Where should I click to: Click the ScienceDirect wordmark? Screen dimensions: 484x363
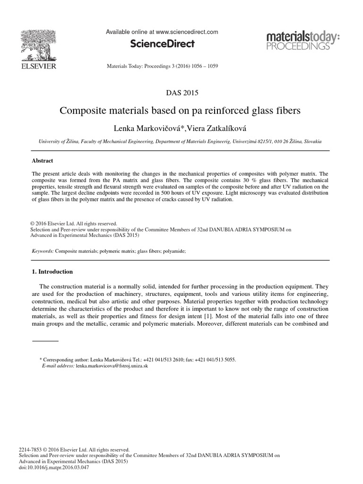coord(162,44)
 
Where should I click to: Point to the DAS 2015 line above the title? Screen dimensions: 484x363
coord(181,93)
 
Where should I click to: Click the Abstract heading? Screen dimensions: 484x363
coord(42,161)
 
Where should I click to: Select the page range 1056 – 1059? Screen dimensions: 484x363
coord(203,66)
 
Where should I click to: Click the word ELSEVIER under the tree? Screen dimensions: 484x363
coord(37,67)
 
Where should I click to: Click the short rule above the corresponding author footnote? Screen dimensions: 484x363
coord(45,340)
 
